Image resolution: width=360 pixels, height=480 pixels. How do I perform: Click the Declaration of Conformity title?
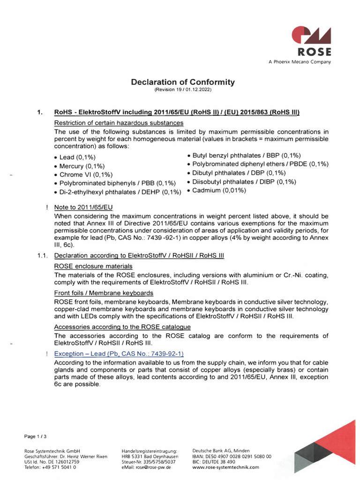coord(183,82)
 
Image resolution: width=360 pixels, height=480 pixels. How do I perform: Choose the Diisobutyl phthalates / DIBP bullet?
coord(244,181)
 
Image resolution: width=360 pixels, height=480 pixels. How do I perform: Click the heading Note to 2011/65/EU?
coord(83,207)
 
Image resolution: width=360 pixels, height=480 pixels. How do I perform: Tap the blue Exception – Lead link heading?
coord(119,353)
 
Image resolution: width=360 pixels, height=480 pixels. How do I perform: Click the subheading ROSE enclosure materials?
coord(93,266)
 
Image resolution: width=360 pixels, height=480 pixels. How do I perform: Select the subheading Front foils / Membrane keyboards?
coord(104,293)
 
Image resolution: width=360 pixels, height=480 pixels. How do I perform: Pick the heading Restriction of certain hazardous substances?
coord(119,123)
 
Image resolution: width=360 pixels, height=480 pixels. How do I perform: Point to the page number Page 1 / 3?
coord(36,436)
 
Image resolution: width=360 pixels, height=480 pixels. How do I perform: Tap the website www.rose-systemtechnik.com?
coord(225,467)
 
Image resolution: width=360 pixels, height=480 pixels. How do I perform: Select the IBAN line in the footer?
coord(232,456)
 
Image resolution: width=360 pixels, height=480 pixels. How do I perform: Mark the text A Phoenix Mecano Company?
coord(299,62)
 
